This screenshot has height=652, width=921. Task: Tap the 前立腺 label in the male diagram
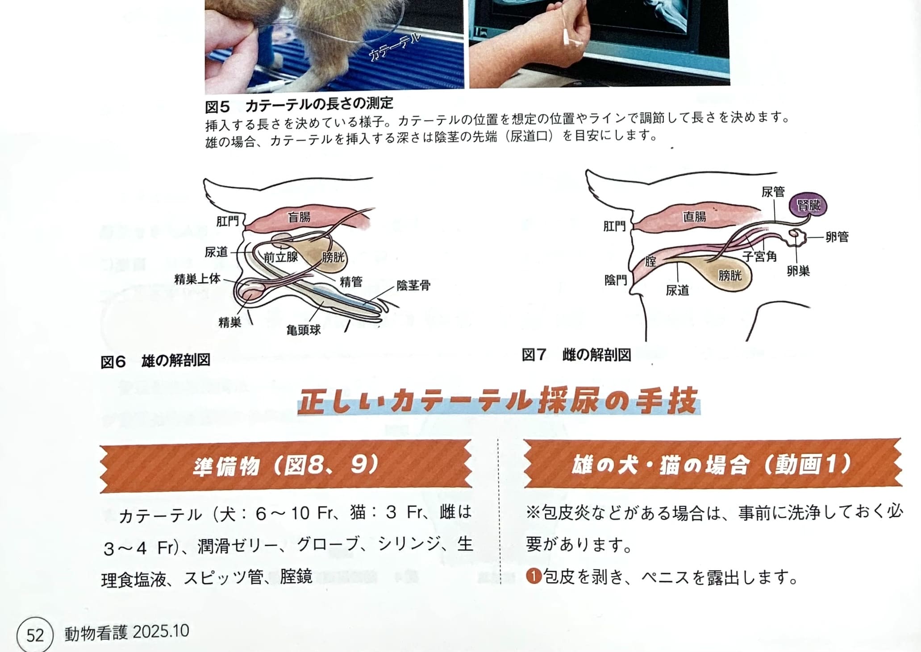280,257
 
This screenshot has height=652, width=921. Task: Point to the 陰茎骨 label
413,285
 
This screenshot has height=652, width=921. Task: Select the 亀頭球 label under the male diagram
304,330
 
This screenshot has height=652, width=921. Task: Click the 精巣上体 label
197,279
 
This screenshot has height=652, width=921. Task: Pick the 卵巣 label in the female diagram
798,271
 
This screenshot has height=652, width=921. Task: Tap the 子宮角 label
759,256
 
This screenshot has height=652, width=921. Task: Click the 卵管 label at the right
837,237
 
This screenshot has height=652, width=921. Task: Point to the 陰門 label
616,280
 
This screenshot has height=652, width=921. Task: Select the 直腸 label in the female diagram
695,216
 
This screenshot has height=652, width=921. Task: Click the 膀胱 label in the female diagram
730,275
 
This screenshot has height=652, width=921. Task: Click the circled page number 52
35,635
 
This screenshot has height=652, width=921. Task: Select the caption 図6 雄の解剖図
155,361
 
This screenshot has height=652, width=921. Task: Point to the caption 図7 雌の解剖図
576,355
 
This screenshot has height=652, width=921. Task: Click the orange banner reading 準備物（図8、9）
286,466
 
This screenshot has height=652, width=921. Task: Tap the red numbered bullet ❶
533,577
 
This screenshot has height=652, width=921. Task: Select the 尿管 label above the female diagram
773,191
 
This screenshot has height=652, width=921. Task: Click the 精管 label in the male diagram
351,282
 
